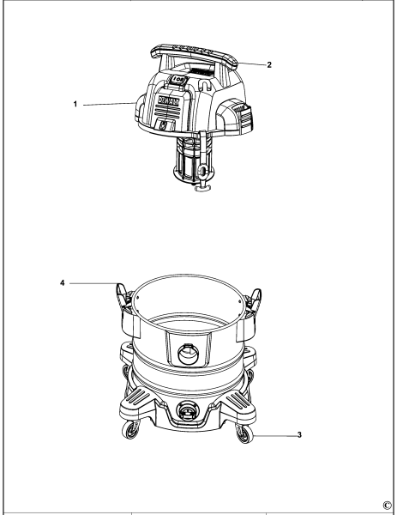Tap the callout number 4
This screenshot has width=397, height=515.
[65, 281]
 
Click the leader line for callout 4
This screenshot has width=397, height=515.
[90, 281]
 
